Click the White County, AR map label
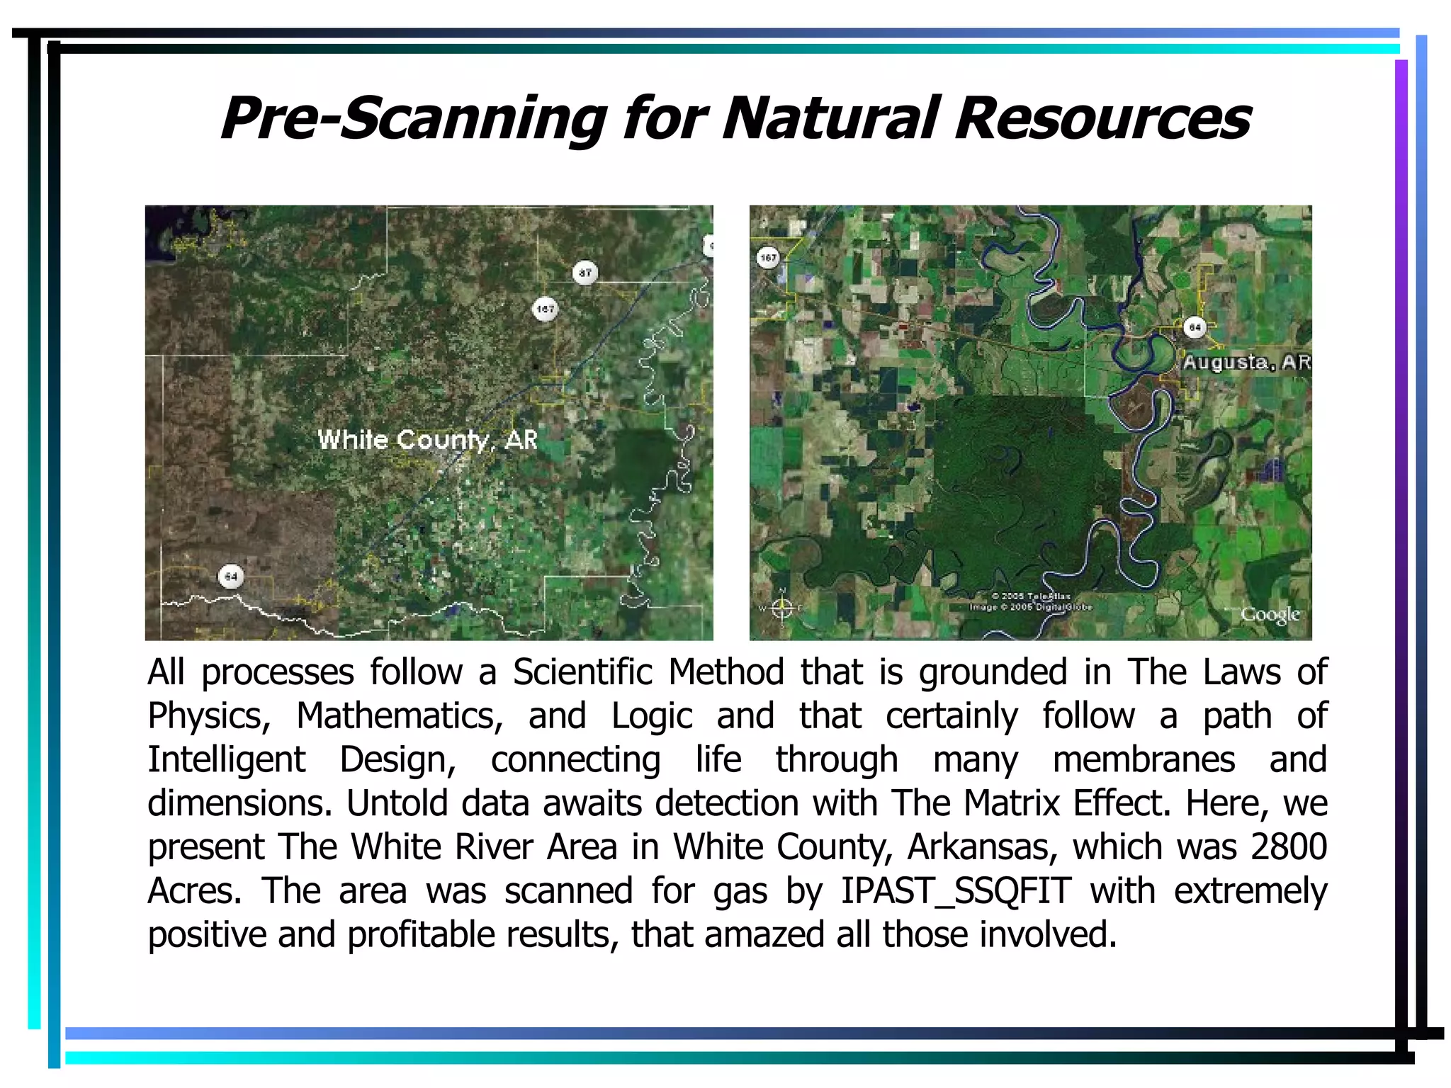(x=427, y=440)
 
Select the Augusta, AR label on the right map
(x=1246, y=362)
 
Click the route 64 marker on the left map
(x=230, y=577)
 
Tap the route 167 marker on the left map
(x=545, y=309)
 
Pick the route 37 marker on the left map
(x=585, y=273)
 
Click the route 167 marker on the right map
(x=769, y=258)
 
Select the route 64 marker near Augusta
(x=1195, y=327)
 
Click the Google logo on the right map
(x=1270, y=614)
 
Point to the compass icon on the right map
(x=781, y=608)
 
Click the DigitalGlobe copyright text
(x=1031, y=607)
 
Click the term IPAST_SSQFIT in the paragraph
(x=956, y=891)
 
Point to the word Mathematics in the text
(x=399, y=716)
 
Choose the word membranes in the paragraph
(x=1144, y=760)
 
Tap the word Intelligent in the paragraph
(x=226, y=760)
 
